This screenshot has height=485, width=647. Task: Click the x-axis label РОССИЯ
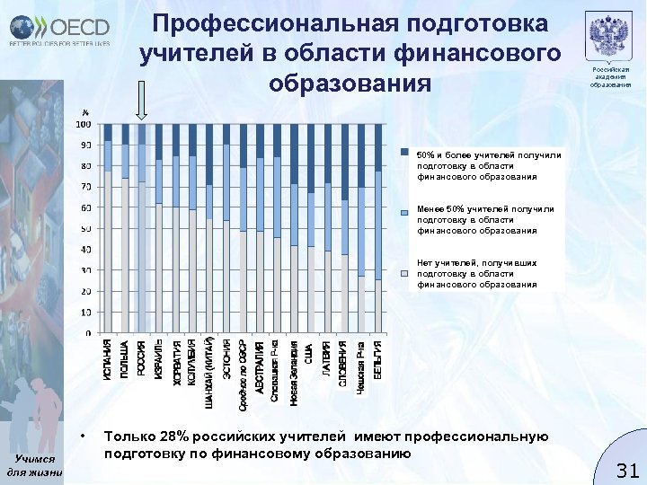(142, 358)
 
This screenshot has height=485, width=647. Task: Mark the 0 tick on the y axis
(86, 333)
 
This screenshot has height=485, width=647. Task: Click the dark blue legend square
(405, 151)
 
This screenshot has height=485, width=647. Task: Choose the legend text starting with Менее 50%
(477, 219)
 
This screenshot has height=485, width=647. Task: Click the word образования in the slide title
(350, 82)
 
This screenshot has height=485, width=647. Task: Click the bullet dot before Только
(82, 437)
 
